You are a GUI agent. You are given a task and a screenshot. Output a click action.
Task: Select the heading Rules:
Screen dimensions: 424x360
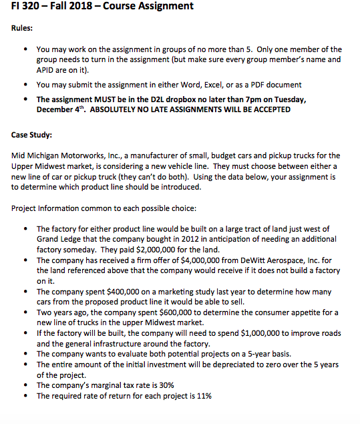point(21,29)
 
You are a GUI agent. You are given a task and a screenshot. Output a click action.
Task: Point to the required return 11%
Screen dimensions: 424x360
point(202,395)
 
